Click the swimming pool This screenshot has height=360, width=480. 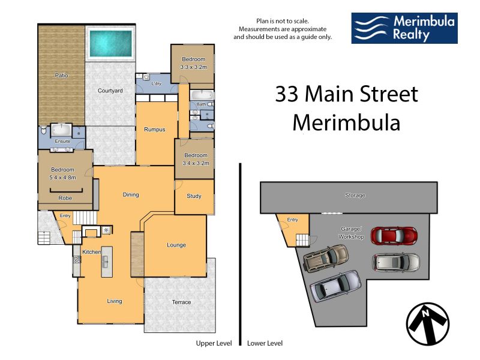pos(110,43)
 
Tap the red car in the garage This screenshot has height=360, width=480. pos(394,236)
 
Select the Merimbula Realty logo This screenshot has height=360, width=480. pos(404,28)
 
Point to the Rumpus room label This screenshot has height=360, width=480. pos(155,130)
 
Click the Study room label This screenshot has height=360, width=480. pos(194,196)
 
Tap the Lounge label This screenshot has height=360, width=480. pos(176,245)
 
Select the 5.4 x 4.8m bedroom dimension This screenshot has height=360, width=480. pos(63,177)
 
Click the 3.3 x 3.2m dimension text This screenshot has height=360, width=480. pos(193,67)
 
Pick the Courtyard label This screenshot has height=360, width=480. pos(110,91)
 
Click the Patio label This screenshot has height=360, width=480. pos(61,76)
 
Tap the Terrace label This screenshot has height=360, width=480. pos(182,302)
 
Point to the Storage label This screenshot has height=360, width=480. pos(355,196)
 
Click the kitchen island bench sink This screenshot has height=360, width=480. pos(105,262)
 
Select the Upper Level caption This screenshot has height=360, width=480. pos(214,343)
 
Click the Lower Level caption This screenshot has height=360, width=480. pos(265,343)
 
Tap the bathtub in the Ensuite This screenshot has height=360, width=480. pos(62,130)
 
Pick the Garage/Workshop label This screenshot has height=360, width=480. pos(351,233)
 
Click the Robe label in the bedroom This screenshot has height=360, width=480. pos(65,198)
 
